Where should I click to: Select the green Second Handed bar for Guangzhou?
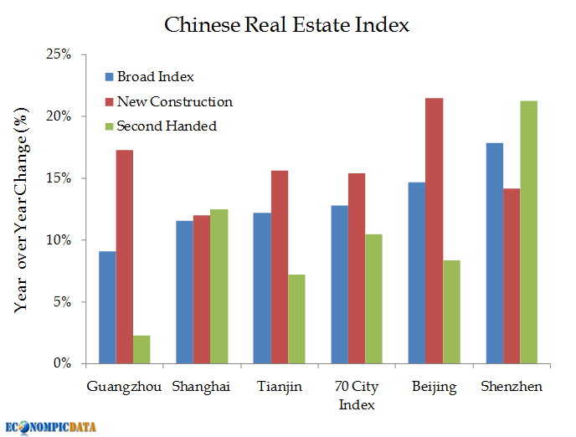(x=141, y=349)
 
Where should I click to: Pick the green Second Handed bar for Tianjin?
(x=296, y=318)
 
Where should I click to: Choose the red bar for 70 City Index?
(x=357, y=268)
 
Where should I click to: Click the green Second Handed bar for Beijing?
(x=451, y=311)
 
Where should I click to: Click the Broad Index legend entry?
(x=155, y=77)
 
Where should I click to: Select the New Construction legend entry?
(x=174, y=102)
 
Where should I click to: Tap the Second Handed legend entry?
(x=167, y=126)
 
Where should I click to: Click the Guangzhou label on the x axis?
(x=124, y=387)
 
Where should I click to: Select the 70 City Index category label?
(x=357, y=395)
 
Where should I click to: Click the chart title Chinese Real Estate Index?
(x=287, y=24)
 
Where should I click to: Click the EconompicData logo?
(x=50, y=426)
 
